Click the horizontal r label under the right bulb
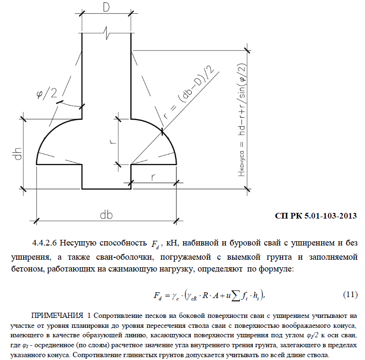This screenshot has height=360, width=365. tap(154, 177)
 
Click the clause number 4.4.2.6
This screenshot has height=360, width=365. tap(45, 243)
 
